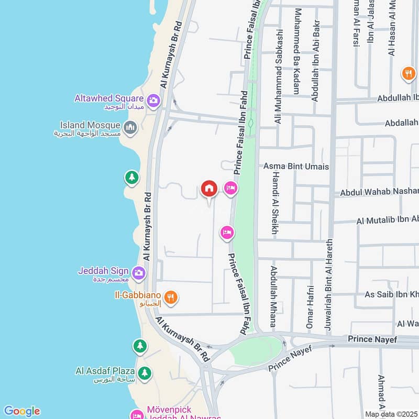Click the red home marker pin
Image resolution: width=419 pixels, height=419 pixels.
209,189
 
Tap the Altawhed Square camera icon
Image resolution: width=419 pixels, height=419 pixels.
153,100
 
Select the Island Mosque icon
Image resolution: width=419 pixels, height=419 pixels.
130,127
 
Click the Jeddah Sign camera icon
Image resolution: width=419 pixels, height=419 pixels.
139,272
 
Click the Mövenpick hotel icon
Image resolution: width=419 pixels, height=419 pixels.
137,414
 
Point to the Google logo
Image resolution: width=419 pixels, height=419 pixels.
21,411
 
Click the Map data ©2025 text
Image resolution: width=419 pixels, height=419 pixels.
392,414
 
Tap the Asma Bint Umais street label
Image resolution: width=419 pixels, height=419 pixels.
296,166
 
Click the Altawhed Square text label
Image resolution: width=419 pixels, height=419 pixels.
109,98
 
